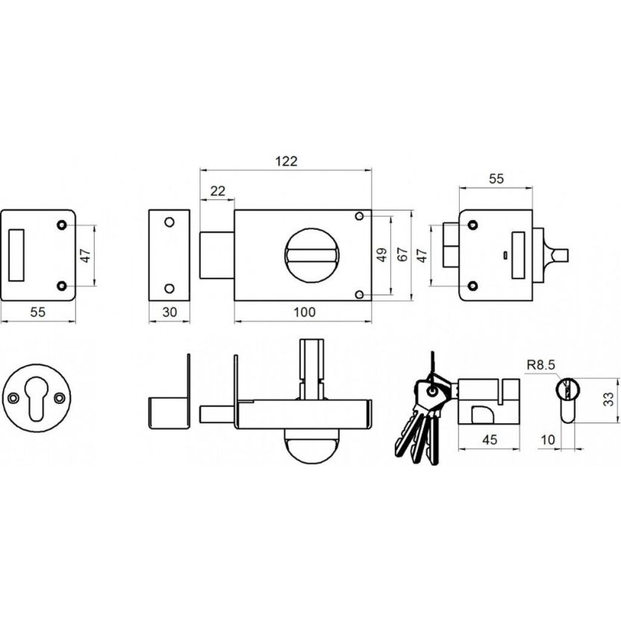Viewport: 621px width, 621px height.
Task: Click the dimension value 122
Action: point(286,161)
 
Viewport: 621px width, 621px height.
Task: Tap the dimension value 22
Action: point(217,191)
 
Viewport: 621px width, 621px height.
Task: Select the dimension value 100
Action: point(305,312)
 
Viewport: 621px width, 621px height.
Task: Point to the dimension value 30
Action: point(169,312)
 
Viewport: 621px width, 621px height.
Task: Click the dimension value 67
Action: point(402,255)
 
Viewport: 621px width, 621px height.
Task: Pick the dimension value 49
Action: point(382,255)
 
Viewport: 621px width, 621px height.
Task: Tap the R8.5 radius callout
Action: point(541,365)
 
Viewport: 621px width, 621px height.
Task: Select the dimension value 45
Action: point(490,440)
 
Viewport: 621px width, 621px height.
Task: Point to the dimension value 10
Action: point(548,440)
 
